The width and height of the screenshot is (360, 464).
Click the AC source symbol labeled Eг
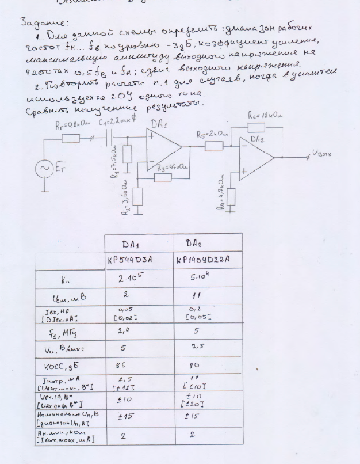point(45,168)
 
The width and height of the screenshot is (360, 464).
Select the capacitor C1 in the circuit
point(110,138)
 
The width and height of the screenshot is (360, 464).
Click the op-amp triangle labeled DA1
point(163,149)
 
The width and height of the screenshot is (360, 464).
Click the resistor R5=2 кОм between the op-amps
point(214,146)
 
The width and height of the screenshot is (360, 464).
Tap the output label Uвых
point(321,153)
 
